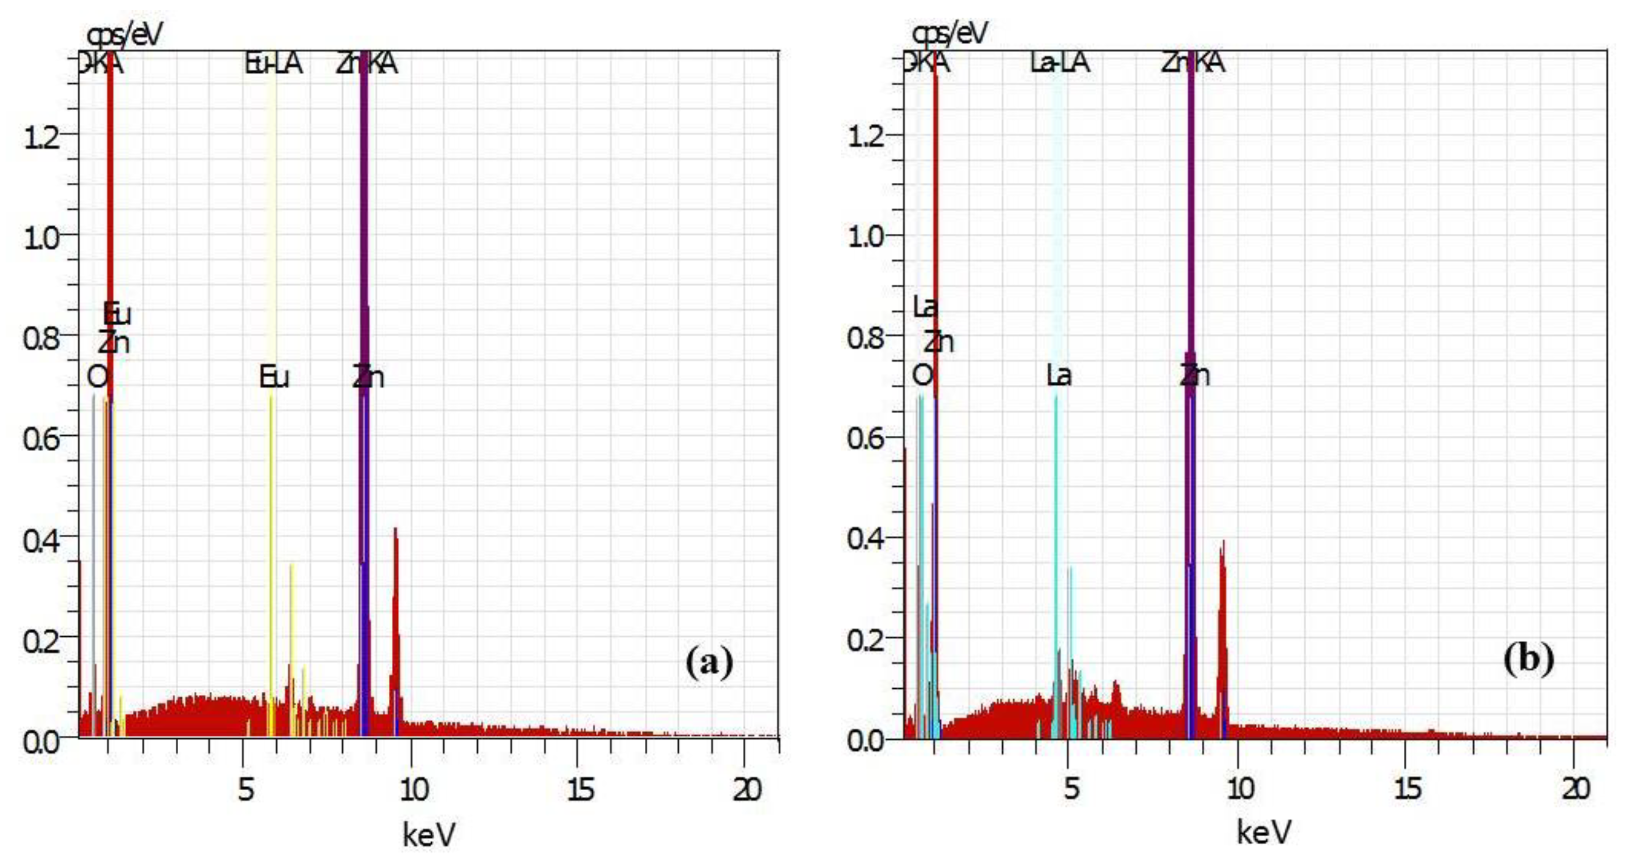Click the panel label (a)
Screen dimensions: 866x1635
pyautogui.click(x=709, y=662)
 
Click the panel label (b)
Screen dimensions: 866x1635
pyautogui.click(x=1529, y=659)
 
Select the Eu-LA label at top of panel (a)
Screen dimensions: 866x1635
pyautogui.click(x=274, y=64)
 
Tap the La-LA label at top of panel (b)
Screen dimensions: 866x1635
pyautogui.click(x=1059, y=63)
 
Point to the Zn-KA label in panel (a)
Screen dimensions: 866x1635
pyautogui.click(x=367, y=64)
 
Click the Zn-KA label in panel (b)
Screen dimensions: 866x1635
pyautogui.click(x=1193, y=63)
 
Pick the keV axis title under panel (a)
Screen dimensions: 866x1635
pyautogui.click(x=429, y=834)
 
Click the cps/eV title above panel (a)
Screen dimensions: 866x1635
pyautogui.click(x=124, y=34)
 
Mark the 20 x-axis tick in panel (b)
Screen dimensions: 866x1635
pyautogui.click(x=1576, y=789)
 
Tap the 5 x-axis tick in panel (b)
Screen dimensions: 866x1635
pyautogui.click(x=1071, y=789)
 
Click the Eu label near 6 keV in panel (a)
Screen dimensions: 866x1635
pyautogui.click(x=274, y=378)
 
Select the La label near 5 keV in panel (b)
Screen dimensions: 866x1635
pyautogui.click(x=1059, y=376)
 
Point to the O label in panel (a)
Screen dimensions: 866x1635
pyautogui.click(x=97, y=378)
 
